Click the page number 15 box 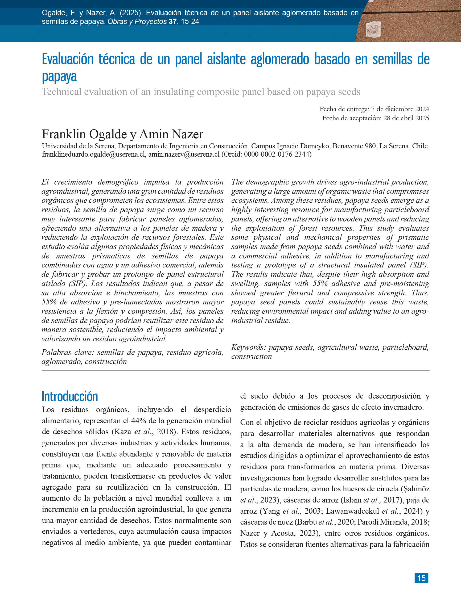421,578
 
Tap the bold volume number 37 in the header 172,22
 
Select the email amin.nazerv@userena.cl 184,154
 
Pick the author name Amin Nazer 171,134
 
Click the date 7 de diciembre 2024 400,109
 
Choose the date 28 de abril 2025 406,118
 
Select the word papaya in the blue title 59,77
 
